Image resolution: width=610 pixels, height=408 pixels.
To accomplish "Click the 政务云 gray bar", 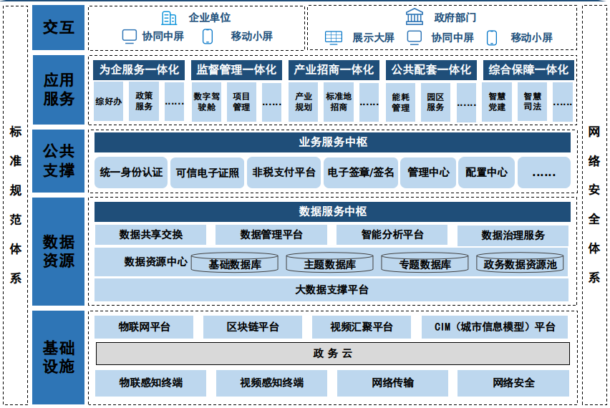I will [333, 354].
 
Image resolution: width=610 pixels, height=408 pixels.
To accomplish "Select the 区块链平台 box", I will [253, 327].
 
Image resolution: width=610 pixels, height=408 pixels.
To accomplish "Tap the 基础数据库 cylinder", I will [235, 263].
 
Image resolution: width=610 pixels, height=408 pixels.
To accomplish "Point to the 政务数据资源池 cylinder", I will [520, 263].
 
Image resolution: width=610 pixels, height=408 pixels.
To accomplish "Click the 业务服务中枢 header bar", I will [333, 142].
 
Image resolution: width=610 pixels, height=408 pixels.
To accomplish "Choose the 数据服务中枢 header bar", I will [333, 211].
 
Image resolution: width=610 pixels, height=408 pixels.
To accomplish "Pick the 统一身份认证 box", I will [131, 173].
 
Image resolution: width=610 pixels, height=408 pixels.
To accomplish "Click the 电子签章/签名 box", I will [361, 173].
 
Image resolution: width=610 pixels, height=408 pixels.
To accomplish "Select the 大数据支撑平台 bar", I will [331, 289].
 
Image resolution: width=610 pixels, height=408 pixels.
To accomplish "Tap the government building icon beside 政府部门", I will [414, 17].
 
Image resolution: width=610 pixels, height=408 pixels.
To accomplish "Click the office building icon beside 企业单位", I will [169, 18].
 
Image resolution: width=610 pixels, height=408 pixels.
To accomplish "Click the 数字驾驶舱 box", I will [207, 102].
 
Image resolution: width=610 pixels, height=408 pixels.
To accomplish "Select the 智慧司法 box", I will [533, 102].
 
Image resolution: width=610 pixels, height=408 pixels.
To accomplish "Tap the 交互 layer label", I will [59, 27].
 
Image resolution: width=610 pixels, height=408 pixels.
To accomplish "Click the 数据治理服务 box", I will [513, 235].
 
